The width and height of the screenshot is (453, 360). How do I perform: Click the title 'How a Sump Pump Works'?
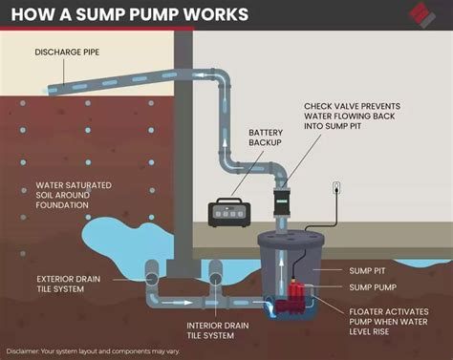tap(128, 14)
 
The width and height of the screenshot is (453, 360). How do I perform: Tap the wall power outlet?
tap(336, 188)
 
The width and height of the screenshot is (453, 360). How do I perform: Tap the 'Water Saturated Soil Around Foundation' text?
tap(75, 196)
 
